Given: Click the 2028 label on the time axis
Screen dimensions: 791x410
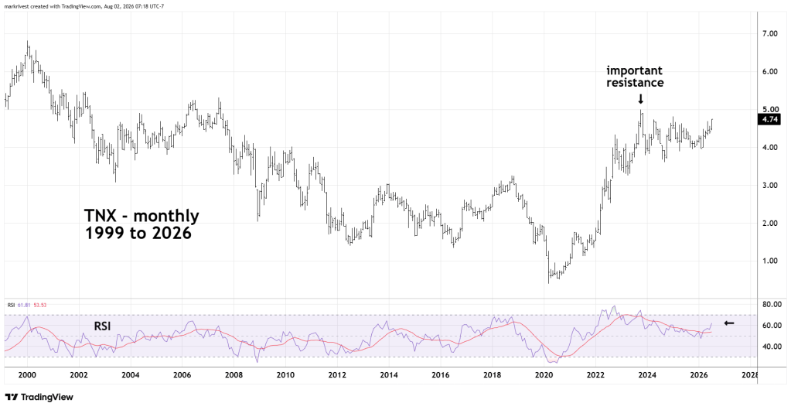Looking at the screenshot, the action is click(750, 376).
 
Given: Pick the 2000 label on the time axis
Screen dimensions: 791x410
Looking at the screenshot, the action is click(27, 376).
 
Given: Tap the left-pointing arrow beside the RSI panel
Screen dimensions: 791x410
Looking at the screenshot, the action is click(729, 323).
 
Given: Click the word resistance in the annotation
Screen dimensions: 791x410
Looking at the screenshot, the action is click(635, 83).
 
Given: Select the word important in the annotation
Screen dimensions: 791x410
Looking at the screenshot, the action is click(634, 70).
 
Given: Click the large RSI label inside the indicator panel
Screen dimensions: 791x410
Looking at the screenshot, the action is click(102, 326).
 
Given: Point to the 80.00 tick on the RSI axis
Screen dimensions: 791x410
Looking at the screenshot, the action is click(771, 305).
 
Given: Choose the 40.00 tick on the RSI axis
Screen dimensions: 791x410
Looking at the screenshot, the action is click(771, 347).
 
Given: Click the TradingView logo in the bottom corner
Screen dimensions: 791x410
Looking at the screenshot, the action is click(39, 398).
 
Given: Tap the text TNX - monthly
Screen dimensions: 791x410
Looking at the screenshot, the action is click(141, 216).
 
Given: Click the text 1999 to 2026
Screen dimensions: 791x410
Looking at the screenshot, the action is click(138, 234).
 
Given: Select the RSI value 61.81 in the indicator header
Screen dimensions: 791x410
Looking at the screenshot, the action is click(21, 305).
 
